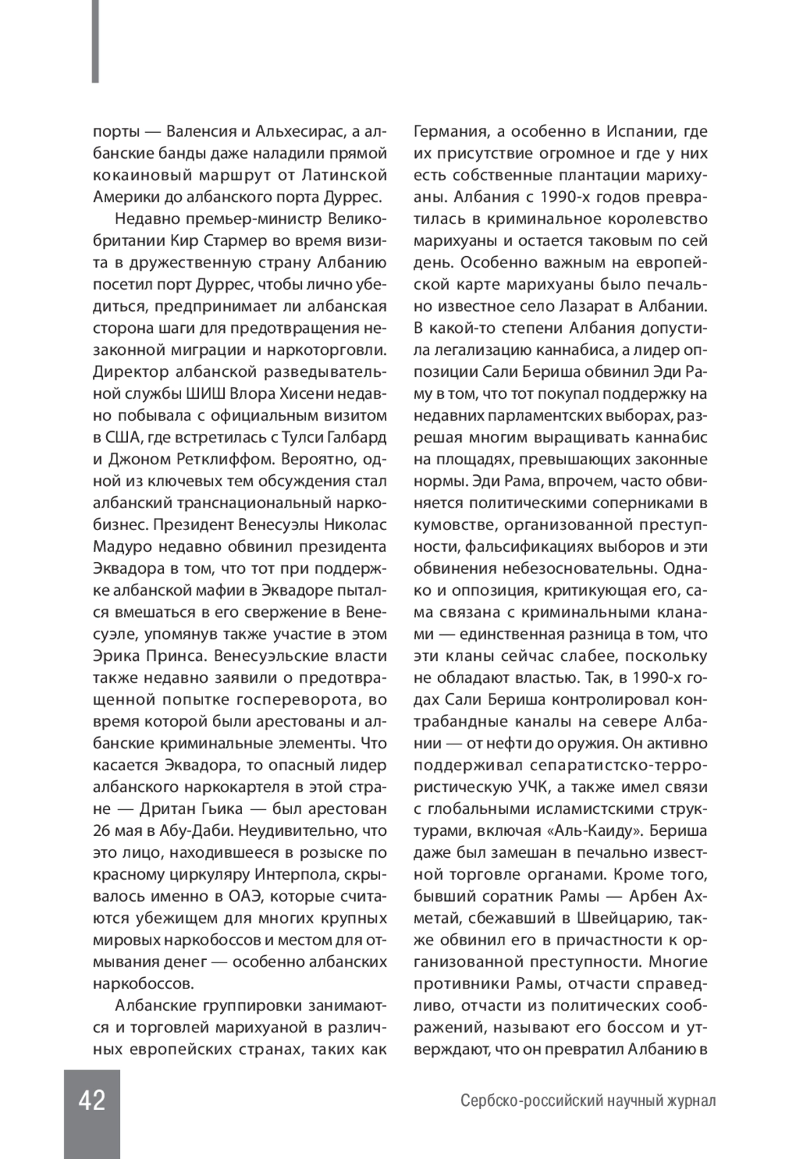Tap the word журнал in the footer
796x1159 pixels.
(x=689, y=1101)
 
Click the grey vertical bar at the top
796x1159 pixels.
(x=96, y=41)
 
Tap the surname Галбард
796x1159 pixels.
(x=358, y=438)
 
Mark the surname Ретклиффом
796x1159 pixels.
(x=228, y=460)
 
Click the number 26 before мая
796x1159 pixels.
(x=102, y=832)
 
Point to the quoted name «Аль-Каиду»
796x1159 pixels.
(x=596, y=831)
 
